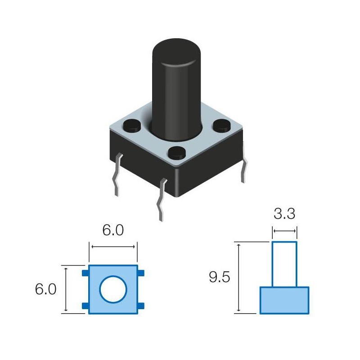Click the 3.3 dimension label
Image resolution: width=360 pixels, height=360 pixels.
[284, 214]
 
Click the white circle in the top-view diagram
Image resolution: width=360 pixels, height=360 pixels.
[113, 289]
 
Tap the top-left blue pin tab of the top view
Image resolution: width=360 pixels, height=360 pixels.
[85, 273]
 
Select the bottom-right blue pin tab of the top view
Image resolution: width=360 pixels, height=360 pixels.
[141, 306]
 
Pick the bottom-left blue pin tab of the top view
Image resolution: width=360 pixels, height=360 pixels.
[85, 306]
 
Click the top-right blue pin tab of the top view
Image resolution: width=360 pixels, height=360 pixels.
[141, 273]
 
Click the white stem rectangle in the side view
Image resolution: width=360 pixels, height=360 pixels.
[284, 264]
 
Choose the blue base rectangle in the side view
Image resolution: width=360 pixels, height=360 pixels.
[284, 300]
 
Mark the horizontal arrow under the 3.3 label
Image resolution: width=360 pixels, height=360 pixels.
[284, 232]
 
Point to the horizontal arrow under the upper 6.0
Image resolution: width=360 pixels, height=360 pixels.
[112, 246]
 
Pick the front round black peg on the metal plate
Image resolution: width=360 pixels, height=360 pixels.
[176, 153]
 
